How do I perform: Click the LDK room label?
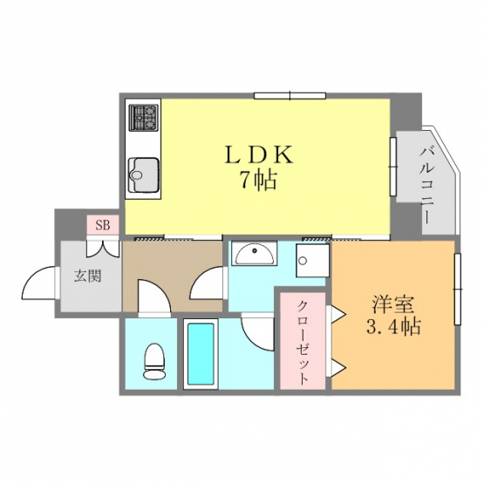(259, 154)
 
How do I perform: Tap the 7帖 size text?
(259, 180)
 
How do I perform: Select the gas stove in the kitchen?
(143, 118)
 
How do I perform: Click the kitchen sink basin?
(144, 175)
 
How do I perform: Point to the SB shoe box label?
(103, 225)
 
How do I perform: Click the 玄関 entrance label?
(88, 276)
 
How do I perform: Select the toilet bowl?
(154, 360)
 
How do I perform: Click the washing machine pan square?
(310, 260)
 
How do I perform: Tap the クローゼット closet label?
(303, 342)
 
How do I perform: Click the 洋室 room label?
(392, 304)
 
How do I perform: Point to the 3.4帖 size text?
(393, 326)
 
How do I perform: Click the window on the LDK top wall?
(290, 95)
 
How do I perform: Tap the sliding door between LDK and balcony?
(393, 167)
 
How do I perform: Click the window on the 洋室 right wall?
(458, 289)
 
